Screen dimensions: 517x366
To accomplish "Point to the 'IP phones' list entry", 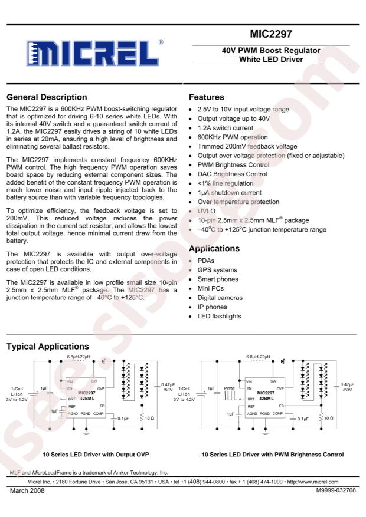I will click(213, 307).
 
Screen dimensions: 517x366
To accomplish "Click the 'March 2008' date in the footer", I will click(27, 490).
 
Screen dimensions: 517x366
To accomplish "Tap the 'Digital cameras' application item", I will click(220, 298).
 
